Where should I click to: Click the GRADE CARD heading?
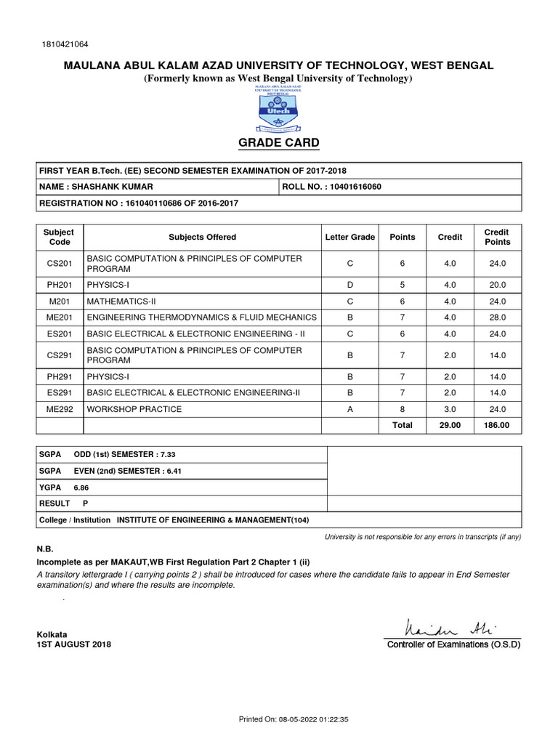coord(279,142)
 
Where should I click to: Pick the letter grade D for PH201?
coord(349,285)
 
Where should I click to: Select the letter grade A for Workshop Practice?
coord(349,409)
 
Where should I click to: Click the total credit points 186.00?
coord(497,425)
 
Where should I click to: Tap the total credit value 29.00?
coord(450,425)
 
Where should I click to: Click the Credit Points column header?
coord(497,237)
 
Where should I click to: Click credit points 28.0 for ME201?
coord(497,317)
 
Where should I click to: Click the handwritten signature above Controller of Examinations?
coord(451,626)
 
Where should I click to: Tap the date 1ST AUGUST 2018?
coord(74,644)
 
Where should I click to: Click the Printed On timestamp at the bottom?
coord(294,719)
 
